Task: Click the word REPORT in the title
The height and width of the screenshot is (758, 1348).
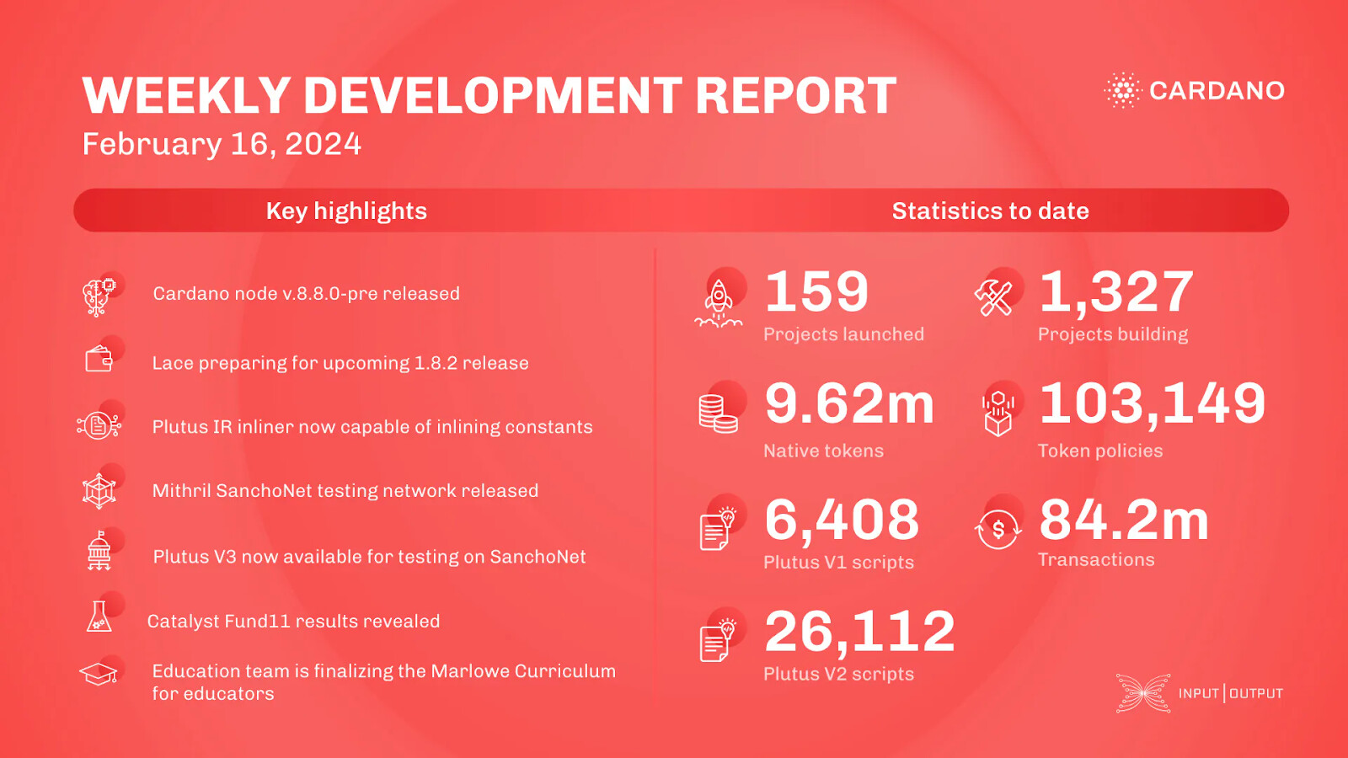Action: [795, 95]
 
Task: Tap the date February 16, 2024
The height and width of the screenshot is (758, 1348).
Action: [222, 144]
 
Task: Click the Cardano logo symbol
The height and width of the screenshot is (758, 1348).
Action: [1122, 90]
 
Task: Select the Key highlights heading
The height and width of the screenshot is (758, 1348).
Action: [346, 211]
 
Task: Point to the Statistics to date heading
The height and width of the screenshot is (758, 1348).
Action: [990, 211]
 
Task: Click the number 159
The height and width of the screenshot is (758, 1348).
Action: [816, 291]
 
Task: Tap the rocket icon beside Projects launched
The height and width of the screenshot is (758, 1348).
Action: [719, 303]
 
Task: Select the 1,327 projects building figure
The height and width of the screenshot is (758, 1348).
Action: [1116, 293]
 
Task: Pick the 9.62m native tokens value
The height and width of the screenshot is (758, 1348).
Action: [849, 403]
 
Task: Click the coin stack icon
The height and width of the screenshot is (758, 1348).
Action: [718, 414]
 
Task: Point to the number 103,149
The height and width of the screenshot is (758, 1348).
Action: [1153, 404]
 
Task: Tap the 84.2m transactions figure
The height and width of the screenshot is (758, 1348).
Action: [1124, 520]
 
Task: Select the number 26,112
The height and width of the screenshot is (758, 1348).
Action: [859, 633]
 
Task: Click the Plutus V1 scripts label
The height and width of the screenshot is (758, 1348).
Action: [838, 563]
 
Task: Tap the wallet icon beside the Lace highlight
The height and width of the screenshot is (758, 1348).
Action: [99, 360]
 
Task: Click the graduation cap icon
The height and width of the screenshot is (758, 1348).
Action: [98, 675]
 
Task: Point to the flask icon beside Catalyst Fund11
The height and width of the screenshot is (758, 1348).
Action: [99, 616]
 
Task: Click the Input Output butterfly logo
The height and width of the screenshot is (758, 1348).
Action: [1143, 693]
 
